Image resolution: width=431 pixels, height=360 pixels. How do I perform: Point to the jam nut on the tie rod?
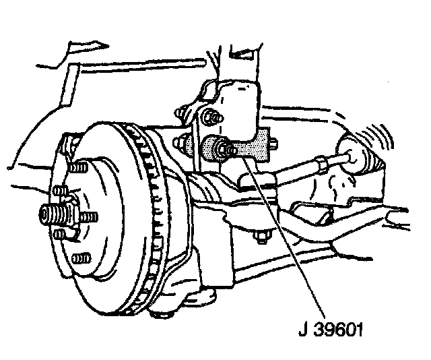(x=323, y=163)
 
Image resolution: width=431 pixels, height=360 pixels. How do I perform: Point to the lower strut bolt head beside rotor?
(x=184, y=143)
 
